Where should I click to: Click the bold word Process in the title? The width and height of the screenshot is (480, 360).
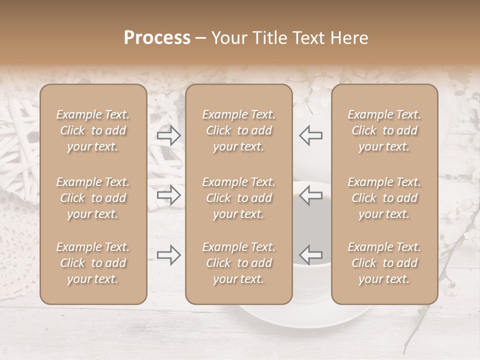click(157, 38)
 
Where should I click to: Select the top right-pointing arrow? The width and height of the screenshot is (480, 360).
click(168, 135)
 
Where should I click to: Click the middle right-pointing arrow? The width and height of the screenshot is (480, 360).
click(168, 195)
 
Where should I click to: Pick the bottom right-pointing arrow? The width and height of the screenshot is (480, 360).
click(168, 255)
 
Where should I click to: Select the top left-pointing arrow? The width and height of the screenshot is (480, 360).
click(311, 135)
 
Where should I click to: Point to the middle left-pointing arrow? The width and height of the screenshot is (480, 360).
click(311, 195)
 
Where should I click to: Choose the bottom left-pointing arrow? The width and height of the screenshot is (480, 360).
click(311, 255)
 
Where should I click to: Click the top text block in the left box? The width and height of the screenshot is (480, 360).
click(93, 130)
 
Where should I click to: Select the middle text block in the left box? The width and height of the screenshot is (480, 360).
click(93, 198)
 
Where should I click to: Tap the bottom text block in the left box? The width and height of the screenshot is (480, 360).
click(93, 263)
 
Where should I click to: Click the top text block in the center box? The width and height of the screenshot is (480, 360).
click(239, 130)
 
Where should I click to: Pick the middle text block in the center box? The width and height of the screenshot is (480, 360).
click(239, 198)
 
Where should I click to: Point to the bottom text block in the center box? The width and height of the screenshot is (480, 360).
click(239, 263)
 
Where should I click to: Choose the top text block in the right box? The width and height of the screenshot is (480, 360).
click(384, 130)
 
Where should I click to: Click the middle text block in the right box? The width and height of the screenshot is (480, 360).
click(384, 198)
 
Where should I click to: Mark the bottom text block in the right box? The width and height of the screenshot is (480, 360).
click(384, 263)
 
